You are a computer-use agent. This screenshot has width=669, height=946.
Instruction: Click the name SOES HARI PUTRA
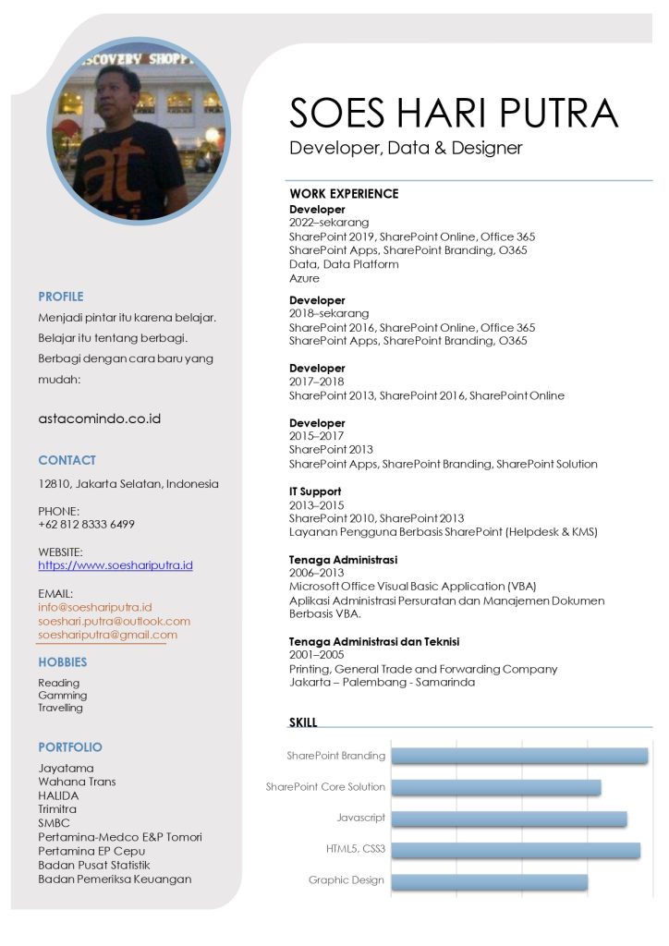tap(453, 113)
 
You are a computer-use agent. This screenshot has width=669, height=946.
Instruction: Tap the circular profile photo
tap(139, 131)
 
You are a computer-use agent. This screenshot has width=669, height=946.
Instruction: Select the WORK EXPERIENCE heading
tap(344, 194)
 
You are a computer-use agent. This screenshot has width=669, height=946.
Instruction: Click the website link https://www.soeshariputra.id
tap(116, 564)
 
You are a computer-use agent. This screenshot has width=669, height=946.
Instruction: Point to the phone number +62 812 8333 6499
tap(86, 524)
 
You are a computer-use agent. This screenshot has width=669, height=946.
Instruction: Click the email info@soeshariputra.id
tap(95, 607)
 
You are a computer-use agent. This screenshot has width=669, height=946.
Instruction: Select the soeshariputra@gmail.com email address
tap(108, 635)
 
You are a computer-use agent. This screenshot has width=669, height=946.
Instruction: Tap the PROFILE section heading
tap(61, 297)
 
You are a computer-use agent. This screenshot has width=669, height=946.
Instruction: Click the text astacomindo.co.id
tap(100, 418)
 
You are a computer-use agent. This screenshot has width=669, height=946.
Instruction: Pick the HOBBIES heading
tap(63, 662)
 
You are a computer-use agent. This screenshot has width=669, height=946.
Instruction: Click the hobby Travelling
tap(60, 708)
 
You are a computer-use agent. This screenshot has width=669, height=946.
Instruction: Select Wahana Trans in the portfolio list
tap(77, 782)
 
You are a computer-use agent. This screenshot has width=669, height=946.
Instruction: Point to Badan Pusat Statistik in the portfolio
tap(93, 865)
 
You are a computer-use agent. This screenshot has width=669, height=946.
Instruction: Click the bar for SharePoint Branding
tap(519, 756)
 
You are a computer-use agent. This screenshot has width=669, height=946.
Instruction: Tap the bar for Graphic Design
tap(489, 880)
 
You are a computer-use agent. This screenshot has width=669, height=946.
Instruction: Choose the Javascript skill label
tap(360, 818)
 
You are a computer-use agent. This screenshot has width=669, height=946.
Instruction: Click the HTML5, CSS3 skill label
tap(355, 849)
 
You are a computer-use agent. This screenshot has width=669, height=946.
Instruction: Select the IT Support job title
tap(315, 491)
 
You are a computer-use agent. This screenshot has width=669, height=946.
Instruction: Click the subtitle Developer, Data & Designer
tap(406, 148)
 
